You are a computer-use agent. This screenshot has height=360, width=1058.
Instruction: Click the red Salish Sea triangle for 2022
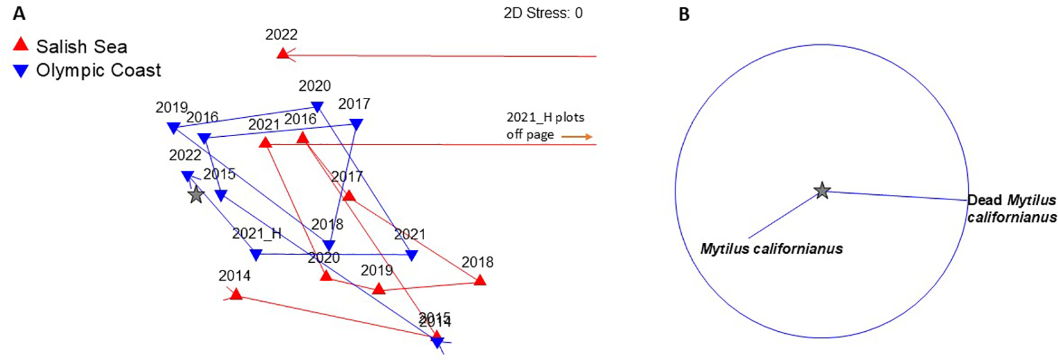coord(283,53)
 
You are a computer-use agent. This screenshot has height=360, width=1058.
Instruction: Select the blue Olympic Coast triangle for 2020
coord(317,107)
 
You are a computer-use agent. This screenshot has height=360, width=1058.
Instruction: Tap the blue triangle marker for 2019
coord(173,128)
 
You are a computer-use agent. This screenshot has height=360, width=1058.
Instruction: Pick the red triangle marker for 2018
coord(480,279)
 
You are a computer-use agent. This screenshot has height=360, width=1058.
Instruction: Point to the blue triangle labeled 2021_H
coord(256,255)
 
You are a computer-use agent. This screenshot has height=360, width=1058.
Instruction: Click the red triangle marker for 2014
coord(236,293)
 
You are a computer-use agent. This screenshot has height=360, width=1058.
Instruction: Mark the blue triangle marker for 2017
coord(356,125)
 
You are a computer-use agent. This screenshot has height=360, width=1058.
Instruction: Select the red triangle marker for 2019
coord(379,288)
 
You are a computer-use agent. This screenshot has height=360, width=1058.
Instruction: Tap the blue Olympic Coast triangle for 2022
coord(187,176)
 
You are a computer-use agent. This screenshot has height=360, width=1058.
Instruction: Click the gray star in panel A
coord(196,194)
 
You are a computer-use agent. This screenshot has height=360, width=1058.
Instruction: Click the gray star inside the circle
coord(821,191)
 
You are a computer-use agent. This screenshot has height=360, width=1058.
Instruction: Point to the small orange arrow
coord(576,136)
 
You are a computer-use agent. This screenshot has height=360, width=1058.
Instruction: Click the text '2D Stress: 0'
coord(542,13)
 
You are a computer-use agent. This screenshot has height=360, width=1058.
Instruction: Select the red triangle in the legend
coord(21,44)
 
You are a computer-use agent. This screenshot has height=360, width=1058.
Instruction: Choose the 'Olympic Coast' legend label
coord(99,70)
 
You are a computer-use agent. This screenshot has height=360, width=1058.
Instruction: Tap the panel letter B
coord(684,14)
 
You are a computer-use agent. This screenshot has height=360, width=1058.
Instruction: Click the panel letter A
coord(19,13)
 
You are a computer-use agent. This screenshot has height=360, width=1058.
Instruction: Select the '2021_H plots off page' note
coord(545,125)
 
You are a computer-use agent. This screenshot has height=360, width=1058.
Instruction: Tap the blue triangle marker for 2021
coord(412,255)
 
